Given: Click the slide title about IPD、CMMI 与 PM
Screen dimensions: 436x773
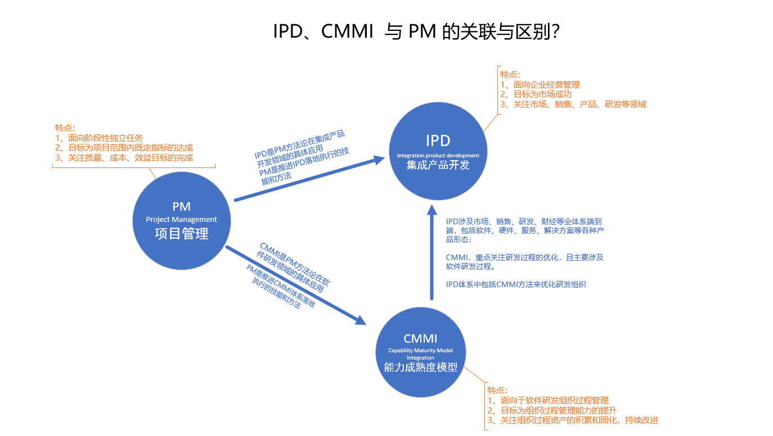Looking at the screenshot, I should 416,32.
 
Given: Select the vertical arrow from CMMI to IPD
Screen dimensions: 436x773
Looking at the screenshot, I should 432,253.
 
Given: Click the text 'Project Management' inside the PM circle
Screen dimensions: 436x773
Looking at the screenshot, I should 181,220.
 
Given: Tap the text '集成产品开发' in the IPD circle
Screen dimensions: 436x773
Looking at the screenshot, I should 438,165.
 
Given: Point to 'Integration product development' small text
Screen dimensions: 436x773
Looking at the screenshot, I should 438,155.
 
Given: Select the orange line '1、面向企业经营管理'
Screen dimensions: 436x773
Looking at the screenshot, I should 540,85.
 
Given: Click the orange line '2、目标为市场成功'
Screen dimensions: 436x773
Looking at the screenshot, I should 536,94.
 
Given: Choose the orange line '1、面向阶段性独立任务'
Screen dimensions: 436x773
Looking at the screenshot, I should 98,138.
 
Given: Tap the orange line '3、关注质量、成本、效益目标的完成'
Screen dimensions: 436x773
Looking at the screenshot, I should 124,158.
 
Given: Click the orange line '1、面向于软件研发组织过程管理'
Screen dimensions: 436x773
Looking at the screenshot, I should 548,401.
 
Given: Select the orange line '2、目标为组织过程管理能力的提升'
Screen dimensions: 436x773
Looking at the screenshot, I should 552,410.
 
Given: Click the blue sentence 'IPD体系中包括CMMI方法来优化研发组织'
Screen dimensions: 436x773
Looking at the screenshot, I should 516,284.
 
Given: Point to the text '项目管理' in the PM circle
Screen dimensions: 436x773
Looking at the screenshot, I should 181,234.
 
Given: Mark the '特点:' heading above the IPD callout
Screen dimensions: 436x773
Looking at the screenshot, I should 510,74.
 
